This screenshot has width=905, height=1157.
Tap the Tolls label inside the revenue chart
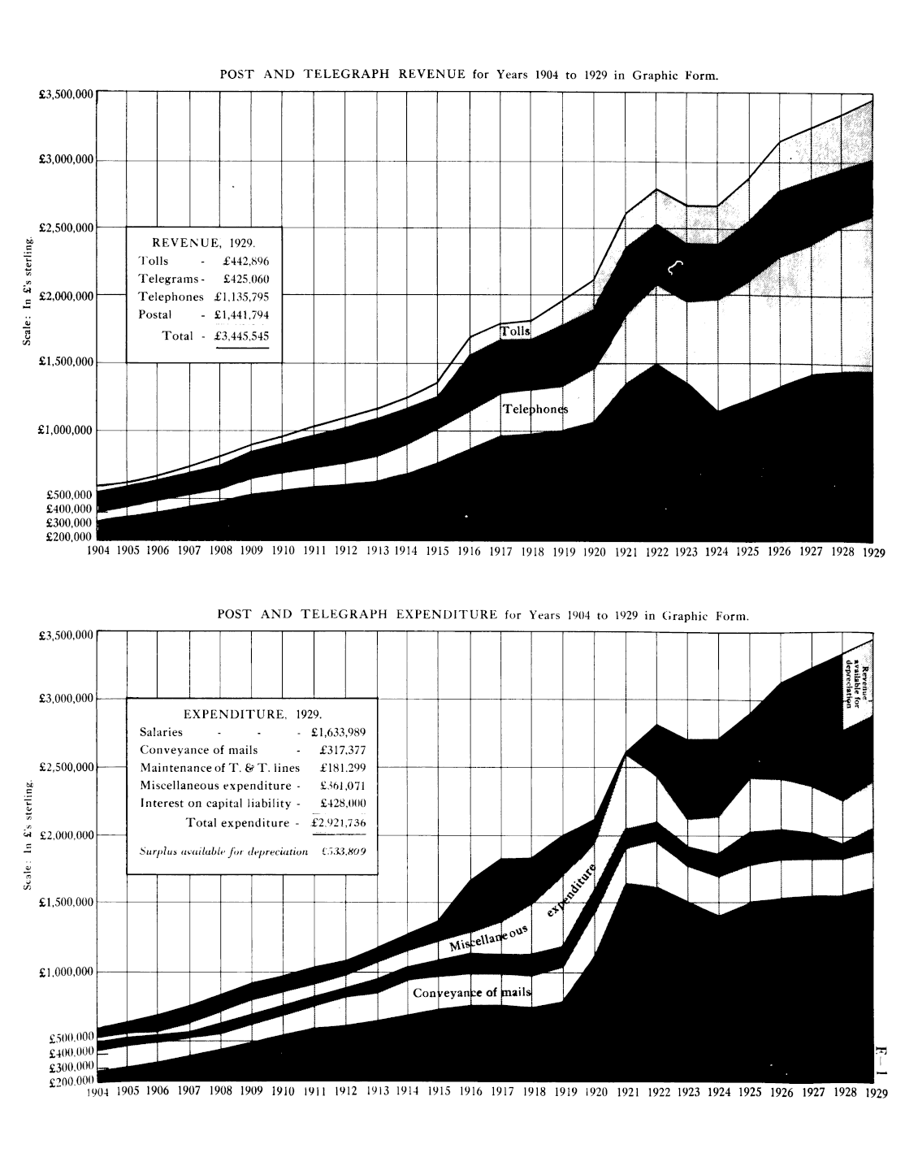pyautogui.click(x=515, y=331)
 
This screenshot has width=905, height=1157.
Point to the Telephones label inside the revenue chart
pyautogui.click(x=535, y=409)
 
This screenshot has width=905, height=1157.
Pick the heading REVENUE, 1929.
pyautogui.click(x=204, y=242)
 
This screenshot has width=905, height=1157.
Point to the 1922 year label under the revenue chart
pyautogui.click(x=656, y=552)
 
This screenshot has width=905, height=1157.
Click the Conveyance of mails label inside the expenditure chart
pyautogui.click(x=471, y=993)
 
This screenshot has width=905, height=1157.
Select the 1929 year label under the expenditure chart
pyautogui.click(x=875, y=1093)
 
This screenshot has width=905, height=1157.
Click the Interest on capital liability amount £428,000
pyautogui.click(x=343, y=804)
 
